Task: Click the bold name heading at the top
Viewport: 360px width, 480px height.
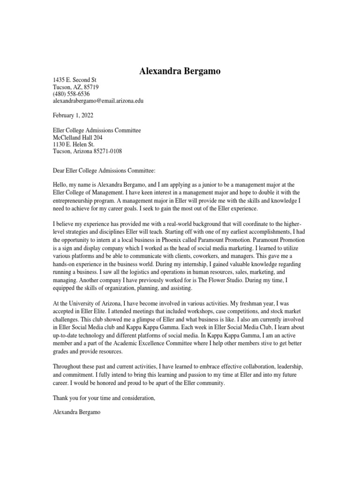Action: (x=180, y=71)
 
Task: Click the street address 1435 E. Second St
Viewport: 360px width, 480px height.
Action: (x=74, y=81)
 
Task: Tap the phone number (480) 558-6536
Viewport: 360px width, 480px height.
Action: (x=71, y=94)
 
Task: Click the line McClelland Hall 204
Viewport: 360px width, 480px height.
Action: (x=77, y=138)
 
